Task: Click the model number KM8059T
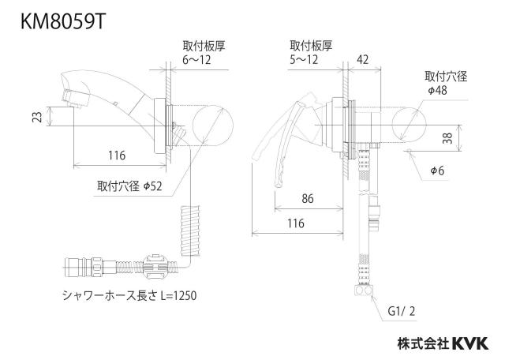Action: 63,22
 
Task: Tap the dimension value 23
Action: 38,117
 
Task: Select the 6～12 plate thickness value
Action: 196,60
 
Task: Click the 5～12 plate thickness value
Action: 304,60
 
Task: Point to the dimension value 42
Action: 363,60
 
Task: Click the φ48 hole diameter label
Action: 437,90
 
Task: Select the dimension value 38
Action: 447,138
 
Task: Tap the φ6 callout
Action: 437,171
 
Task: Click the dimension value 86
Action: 308,198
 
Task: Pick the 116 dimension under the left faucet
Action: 117,156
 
